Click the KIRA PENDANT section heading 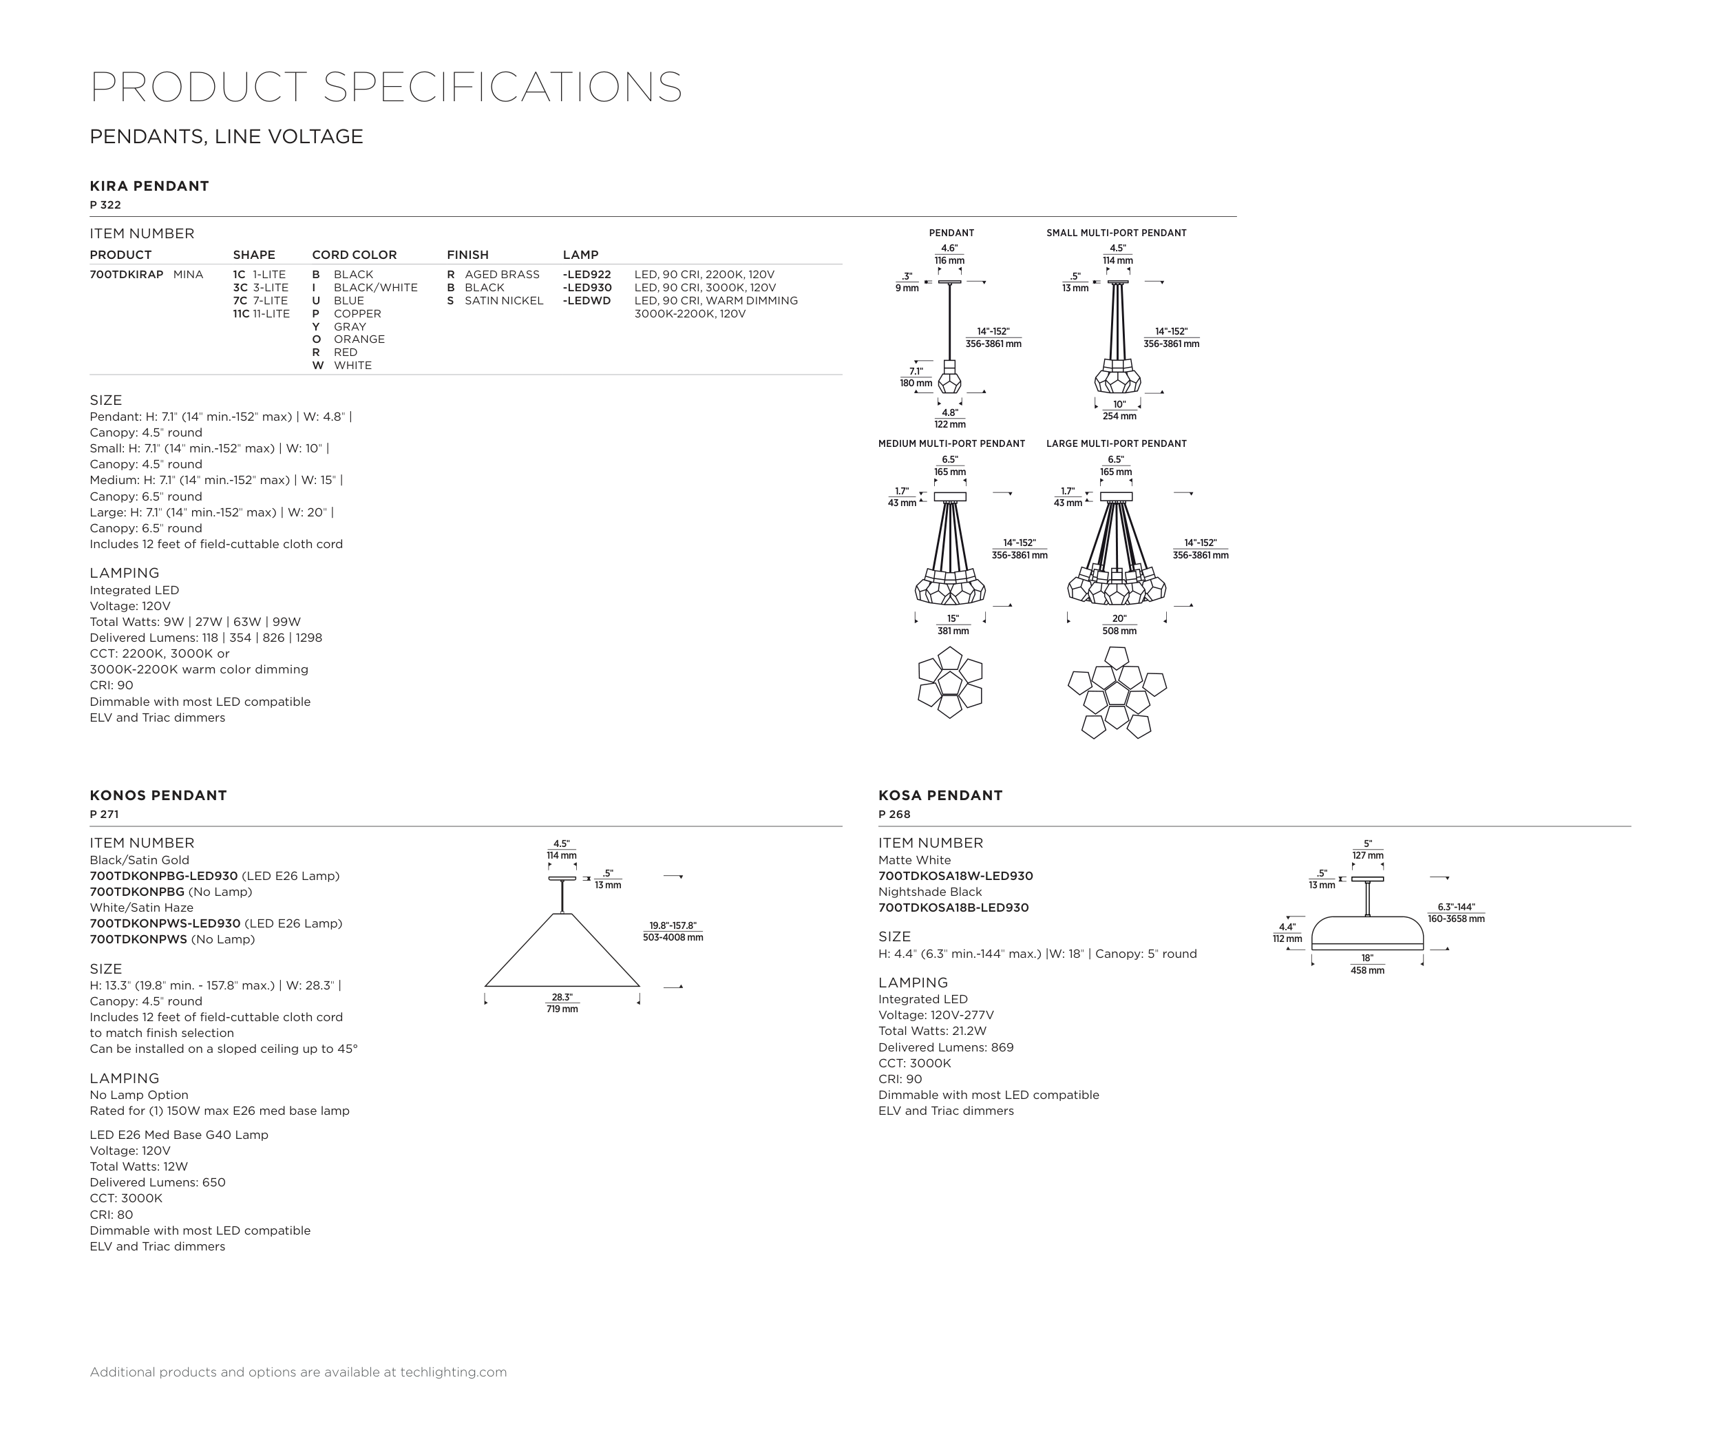[x=149, y=186]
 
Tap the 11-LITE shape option [x=262, y=314]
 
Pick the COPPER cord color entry [x=357, y=314]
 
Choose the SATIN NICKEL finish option [x=503, y=301]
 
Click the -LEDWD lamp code [x=587, y=301]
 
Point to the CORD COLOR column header [x=354, y=255]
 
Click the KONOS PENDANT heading [x=158, y=795]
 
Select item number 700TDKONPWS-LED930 [x=165, y=923]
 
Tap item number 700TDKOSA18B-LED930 [x=953, y=908]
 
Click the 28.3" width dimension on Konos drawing [x=562, y=997]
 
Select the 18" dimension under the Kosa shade [x=1367, y=958]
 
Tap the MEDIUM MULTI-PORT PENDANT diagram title [x=951, y=444]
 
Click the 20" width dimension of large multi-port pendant [x=1119, y=619]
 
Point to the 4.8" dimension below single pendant [x=949, y=413]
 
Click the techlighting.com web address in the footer [x=453, y=1372]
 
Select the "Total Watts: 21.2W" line [x=932, y=1031]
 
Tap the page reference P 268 [x=894, y=815]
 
